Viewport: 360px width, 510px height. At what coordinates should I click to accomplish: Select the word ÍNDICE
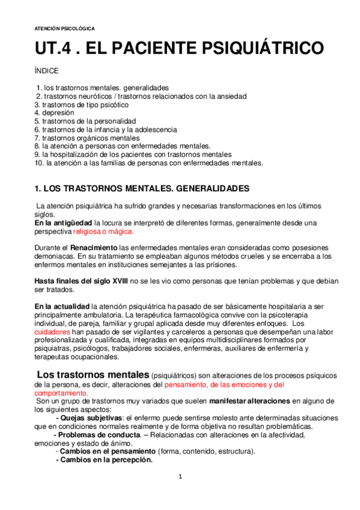(46, 71)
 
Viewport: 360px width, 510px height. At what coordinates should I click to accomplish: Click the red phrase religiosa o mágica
(103, 232)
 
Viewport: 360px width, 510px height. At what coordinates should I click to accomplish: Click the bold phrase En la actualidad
(62, 306)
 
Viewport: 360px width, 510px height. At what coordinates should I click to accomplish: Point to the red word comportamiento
(61, 392)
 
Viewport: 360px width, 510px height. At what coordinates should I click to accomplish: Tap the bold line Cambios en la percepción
(103, 460)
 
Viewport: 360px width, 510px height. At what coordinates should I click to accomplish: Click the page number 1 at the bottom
(180, 477)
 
